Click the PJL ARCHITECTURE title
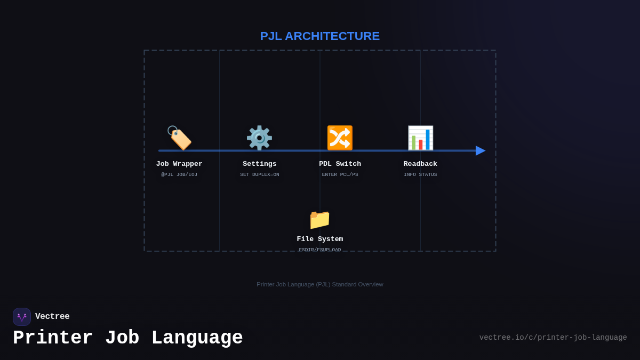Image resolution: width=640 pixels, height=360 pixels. coord(320,36)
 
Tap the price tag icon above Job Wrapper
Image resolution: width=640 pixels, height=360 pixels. coord(179,138)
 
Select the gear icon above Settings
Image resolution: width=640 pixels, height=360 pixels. coord(259,138)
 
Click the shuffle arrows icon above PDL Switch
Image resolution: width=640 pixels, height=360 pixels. coord(340,138)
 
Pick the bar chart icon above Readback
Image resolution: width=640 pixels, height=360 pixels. coord(420,138)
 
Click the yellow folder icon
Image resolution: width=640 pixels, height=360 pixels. coord(319,219)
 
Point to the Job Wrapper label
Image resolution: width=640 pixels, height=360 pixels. coord(179,164)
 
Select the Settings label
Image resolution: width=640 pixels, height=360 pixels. coord(260,164)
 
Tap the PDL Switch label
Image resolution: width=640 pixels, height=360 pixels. coord(340,164)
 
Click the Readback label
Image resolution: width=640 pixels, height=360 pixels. coord(420,164)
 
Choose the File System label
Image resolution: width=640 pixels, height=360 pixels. coord(320,239)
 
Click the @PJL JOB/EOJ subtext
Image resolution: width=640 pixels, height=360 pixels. coord(179,175)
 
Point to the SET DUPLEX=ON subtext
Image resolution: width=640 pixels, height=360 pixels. coord(260,175)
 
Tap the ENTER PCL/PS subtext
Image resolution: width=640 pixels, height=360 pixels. coord(340,175)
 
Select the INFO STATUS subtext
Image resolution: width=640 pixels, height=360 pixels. coord(420,175)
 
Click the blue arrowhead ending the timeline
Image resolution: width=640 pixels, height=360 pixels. coord(480,150)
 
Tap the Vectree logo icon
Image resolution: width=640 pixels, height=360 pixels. coord(22,317)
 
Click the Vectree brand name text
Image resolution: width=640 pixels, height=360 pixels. coord(52,317)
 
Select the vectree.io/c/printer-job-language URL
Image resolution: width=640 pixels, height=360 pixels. coord(553,338)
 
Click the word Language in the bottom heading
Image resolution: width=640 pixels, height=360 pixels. coord(197,338)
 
